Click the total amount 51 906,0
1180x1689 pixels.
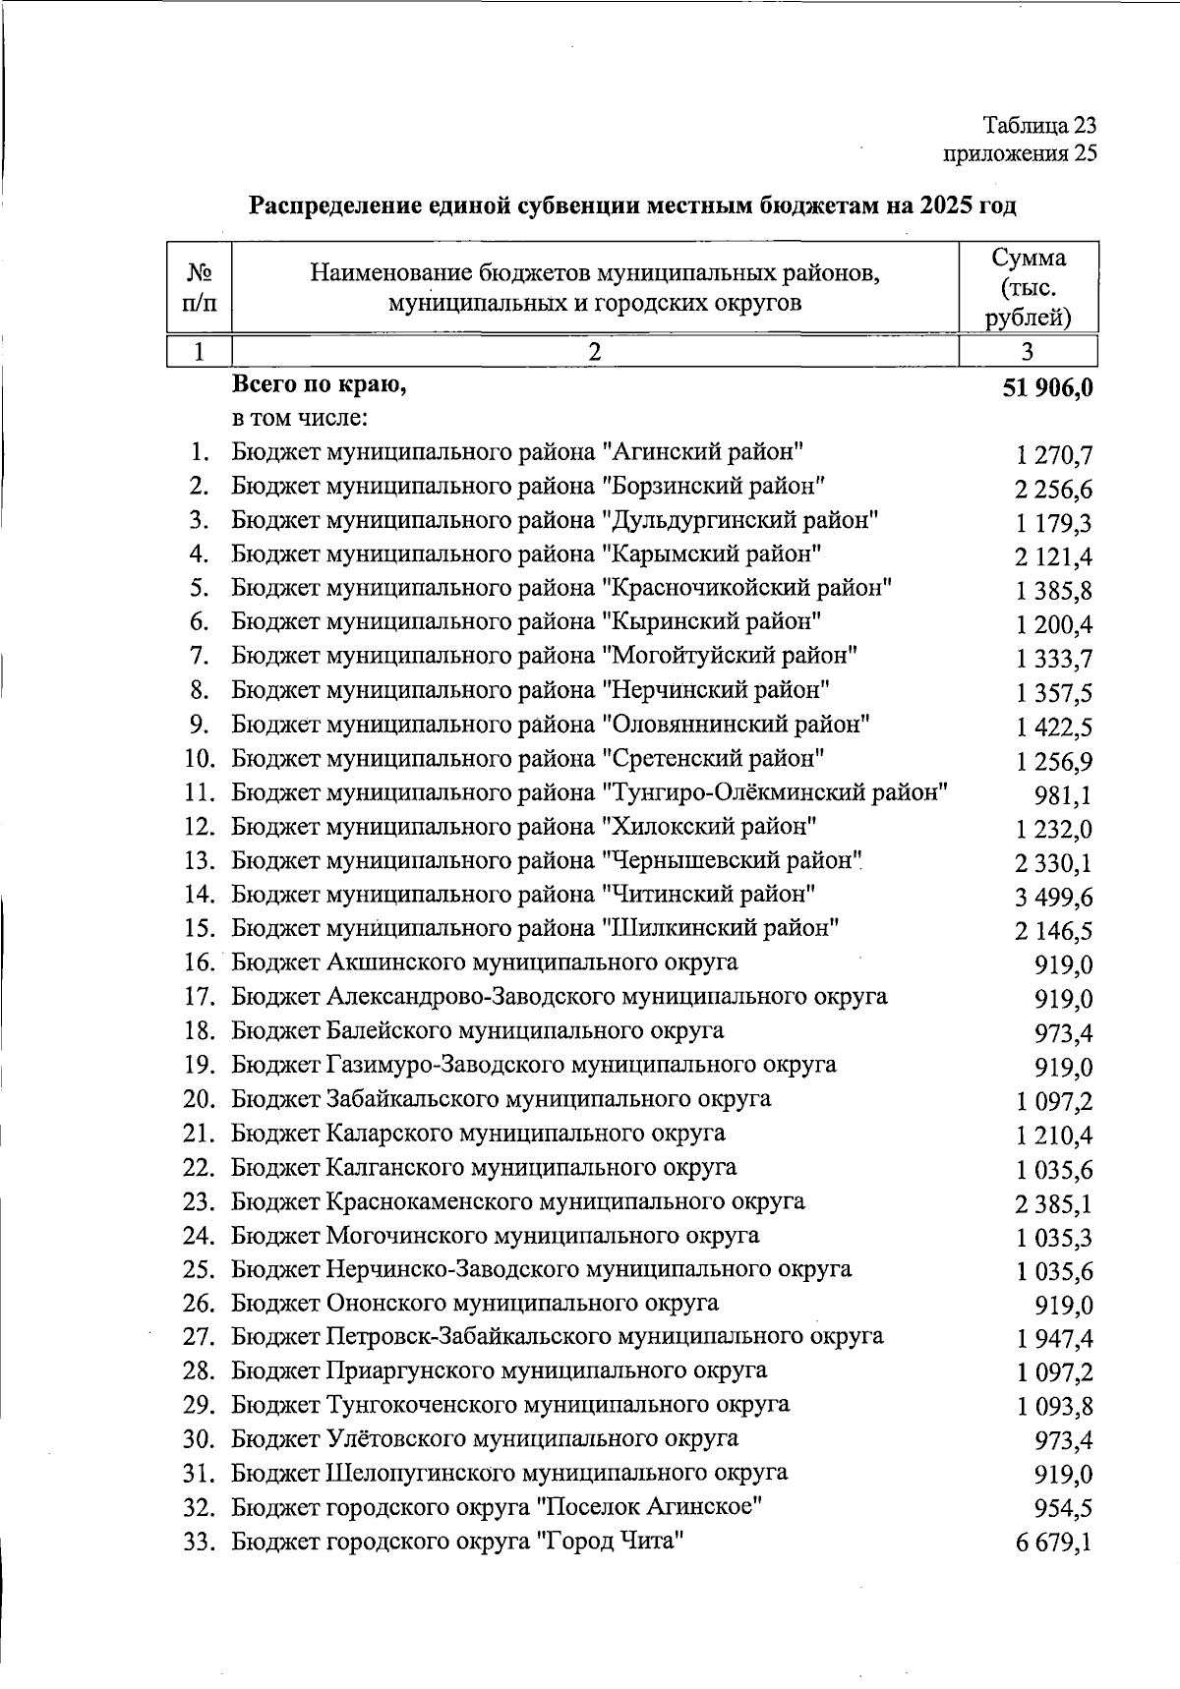1047,388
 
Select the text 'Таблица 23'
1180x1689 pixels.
1039,126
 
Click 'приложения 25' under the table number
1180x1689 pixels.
1020,153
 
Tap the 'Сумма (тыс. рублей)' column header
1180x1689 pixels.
1028,287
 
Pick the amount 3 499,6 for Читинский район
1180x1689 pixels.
1054,898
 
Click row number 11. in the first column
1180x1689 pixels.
200,792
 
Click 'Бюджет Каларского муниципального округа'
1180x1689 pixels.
478,1134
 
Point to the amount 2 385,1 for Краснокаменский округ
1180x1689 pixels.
1054,1204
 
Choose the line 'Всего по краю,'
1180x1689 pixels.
319,385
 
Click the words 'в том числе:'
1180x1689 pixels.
300,419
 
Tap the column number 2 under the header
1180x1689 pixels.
595,352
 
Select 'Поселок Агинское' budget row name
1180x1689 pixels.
498,1507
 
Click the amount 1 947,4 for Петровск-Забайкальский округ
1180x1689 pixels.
1054,1339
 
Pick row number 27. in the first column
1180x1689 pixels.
200,1337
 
